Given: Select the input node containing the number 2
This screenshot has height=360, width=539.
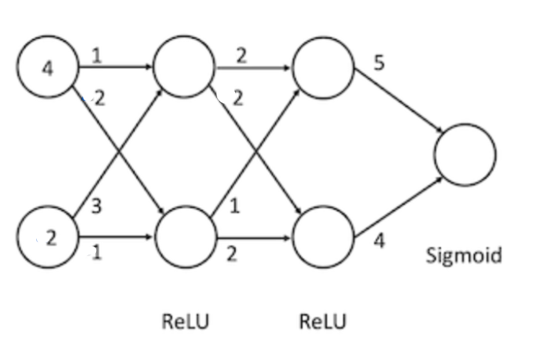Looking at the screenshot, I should pos(48,239).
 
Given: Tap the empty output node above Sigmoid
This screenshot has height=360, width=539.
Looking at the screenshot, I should pos(465,154).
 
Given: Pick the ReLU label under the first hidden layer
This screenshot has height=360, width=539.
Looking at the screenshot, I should pos(186,322).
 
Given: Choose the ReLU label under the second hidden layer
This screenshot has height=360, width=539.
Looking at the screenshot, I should pos(323,322).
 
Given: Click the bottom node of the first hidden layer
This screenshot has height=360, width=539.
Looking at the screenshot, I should pos(183,239).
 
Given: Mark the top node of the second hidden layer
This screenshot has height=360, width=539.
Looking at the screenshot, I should pos(323,67).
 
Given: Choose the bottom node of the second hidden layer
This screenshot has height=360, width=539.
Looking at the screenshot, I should pos(323,239).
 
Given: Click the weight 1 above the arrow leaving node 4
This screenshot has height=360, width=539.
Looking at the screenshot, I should pos(96,55).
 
